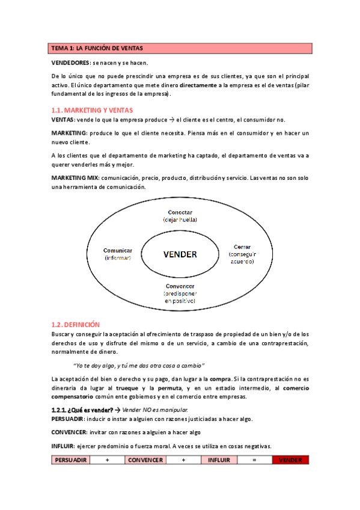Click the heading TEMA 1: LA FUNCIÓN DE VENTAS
click(x=97, y=48)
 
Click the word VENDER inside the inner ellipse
click(x=180, y=254)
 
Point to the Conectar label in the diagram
click(x=180, y=212)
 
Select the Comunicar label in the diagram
click(x=117, y=250)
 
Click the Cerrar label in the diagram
click(x=242, y=247)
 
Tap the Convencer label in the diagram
click(x=180, y=286)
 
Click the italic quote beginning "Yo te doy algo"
click(x=138, y=365)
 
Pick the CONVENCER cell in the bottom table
click(x=145, y=460)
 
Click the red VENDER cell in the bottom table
click(x=290, y=460)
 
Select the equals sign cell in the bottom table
click(x=254, y=460)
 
